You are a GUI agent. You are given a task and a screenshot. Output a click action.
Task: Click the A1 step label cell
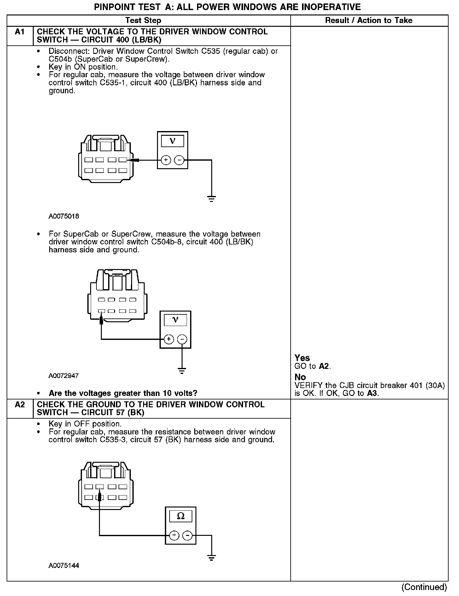(20, 32)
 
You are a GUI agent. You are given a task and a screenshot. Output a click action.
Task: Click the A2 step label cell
(20, 404)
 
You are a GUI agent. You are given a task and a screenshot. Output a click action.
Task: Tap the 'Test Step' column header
(143, 20)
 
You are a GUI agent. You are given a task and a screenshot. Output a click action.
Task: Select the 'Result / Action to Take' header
(369, 20)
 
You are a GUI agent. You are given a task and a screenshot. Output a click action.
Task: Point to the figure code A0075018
(64, 216)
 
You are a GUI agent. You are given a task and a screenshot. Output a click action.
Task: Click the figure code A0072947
(64, 376)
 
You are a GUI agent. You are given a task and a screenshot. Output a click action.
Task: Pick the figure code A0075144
(64, 565)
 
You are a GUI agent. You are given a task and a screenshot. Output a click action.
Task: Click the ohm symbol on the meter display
(181, 516)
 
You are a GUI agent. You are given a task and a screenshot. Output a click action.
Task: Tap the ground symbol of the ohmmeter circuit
(211, 558)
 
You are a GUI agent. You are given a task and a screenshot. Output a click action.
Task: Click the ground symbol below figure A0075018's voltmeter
(211, 198)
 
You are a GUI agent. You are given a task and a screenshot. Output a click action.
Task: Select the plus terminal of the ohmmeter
(174, 535)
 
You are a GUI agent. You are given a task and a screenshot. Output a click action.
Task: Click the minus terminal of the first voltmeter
(179, 160)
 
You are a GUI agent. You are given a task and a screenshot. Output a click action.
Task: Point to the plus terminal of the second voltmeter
(169, 339)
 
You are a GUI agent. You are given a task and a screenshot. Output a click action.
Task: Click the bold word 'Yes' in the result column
(302, 358)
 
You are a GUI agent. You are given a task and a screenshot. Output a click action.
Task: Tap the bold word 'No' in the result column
(300, 377)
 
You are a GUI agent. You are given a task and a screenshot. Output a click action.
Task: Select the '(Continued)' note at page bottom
(424, 587)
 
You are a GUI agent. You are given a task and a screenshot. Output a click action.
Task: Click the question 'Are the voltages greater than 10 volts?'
(123, 393)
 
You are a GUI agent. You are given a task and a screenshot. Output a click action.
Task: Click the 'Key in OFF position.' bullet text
(85, 424)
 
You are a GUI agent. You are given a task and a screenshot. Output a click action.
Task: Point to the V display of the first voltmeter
(172, 141)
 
